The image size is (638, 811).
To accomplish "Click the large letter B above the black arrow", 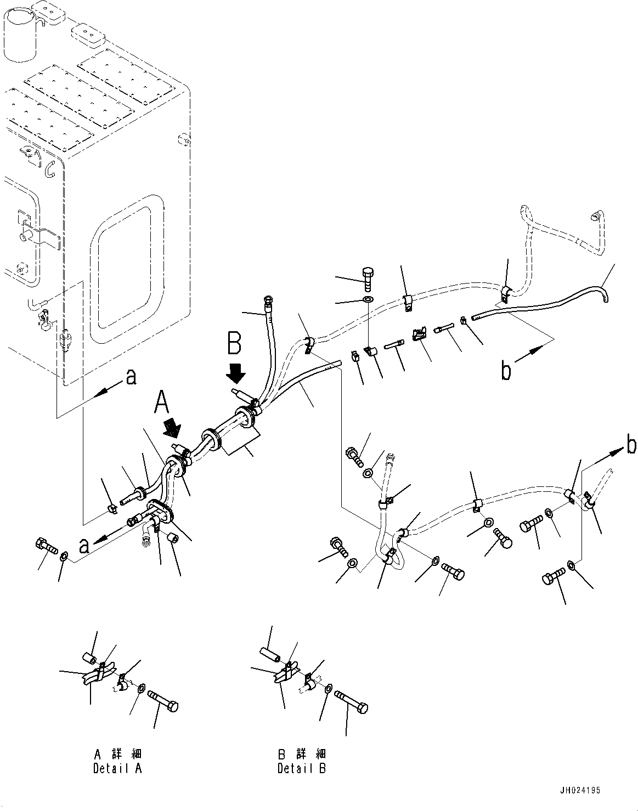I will click(x=234, y=347).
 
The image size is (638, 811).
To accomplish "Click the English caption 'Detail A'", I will click(x=117, y=768).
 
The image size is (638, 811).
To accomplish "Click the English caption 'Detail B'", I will click(x=302, y=768).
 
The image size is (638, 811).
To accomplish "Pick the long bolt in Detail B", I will click(x=352, y=699).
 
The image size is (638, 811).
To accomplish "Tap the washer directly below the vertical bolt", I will click(x=366, y=300).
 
